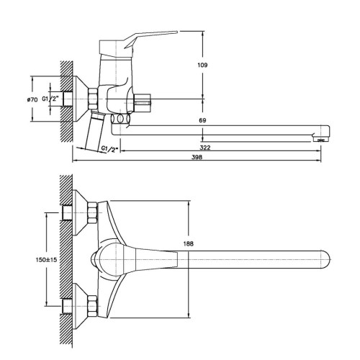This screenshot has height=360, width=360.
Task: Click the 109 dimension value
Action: [x=202, y=65]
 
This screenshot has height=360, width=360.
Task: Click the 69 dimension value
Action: [x=202, y=120]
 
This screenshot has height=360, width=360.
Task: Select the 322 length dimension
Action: [x=205, y=148]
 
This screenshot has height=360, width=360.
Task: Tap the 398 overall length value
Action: [x=197, y=157]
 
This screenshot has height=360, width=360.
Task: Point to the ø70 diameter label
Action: [x=32, y=99]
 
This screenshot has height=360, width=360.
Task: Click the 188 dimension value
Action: [x=188, y=244]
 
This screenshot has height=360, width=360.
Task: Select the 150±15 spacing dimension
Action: [x=46, y=260]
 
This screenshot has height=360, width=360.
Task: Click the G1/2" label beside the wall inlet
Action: [x=50, y=99]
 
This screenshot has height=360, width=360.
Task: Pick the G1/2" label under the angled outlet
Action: [x=110, y=149]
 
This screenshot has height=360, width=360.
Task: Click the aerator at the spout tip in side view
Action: [x=320, y=139]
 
